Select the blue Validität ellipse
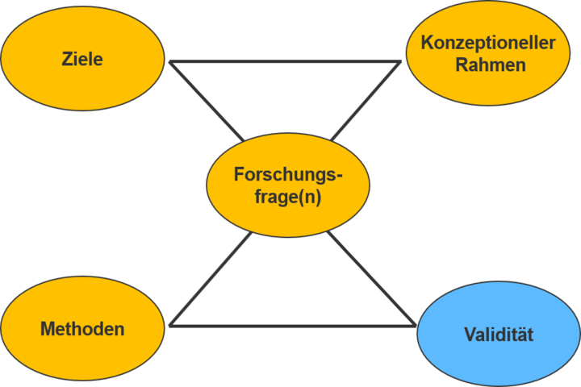(x=499, y=334)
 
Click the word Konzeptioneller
(x=489, y=44)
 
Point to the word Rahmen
(x=490, y=65)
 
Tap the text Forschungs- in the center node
(x=288, y=174)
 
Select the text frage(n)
(x=288, y=198)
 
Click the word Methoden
(x=82, y=329)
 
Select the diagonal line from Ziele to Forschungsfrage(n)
(x=207, y=101)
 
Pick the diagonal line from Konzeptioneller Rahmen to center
(x=365, y=101)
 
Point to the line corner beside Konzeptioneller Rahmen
(x=400, y=63)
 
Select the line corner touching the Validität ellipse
(x=416, y=325)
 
